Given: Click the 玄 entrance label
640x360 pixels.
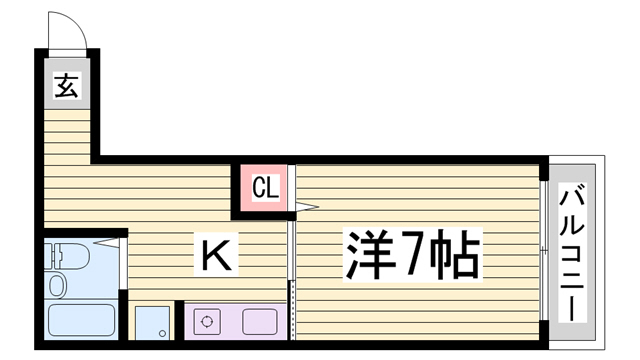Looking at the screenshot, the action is tap(67, 85).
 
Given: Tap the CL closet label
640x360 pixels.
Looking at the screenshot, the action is tap(265, 187).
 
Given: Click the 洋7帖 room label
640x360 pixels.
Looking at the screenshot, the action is tap(412, 255).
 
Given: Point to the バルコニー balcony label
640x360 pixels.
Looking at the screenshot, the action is tap(572, 252).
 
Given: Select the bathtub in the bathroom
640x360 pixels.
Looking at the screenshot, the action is tap(81, 320).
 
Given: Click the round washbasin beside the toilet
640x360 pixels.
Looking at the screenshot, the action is tap(58, 285).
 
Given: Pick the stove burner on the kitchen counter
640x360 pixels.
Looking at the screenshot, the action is tap(207, 321).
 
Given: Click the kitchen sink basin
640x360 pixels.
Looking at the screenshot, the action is tap(260, 321).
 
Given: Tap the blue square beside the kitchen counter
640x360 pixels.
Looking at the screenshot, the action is tap(152, 323).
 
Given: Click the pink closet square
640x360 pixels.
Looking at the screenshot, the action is tap(264, 188).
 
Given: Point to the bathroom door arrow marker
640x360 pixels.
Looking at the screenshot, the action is tap(107, 242).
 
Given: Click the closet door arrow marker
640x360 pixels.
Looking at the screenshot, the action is tap(307, 207).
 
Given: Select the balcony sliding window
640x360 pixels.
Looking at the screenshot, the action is tap(543, 250).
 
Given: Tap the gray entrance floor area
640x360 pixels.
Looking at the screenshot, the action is tap(67, 84).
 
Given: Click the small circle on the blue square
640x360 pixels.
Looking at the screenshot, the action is tap(162, 333).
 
